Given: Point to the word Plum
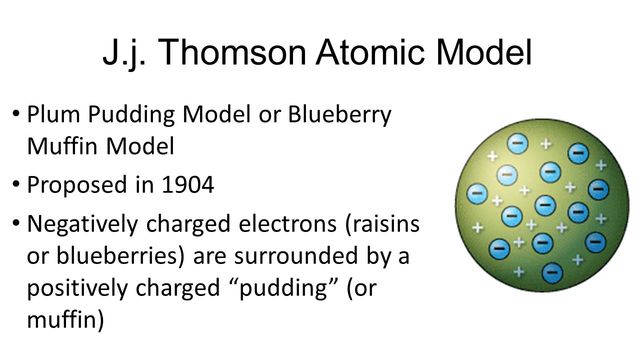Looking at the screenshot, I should coord(51,114).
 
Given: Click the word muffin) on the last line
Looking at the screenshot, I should coord(61,319).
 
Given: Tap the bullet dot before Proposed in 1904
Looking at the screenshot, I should coord(16,186).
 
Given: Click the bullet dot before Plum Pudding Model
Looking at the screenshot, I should coord(16,114).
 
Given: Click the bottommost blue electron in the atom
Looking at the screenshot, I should coord(551,272).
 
